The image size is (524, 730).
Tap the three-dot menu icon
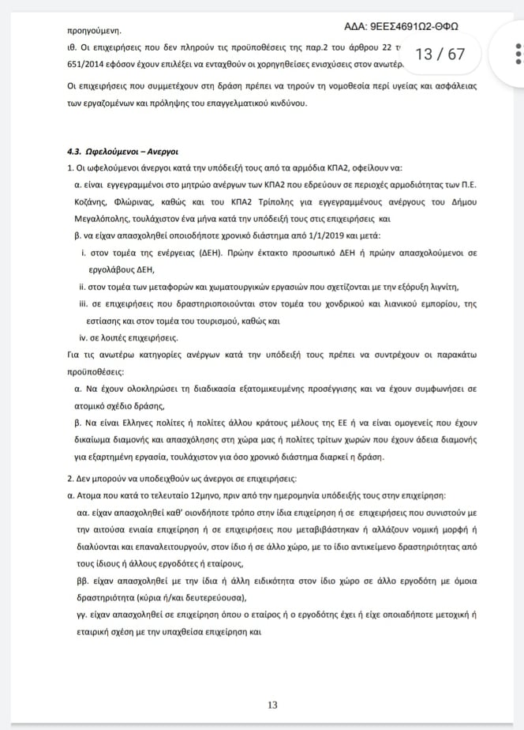(x=518, y=54)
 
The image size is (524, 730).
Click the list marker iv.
(x=85, y=337)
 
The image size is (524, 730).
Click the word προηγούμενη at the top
(x=94, y=31)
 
